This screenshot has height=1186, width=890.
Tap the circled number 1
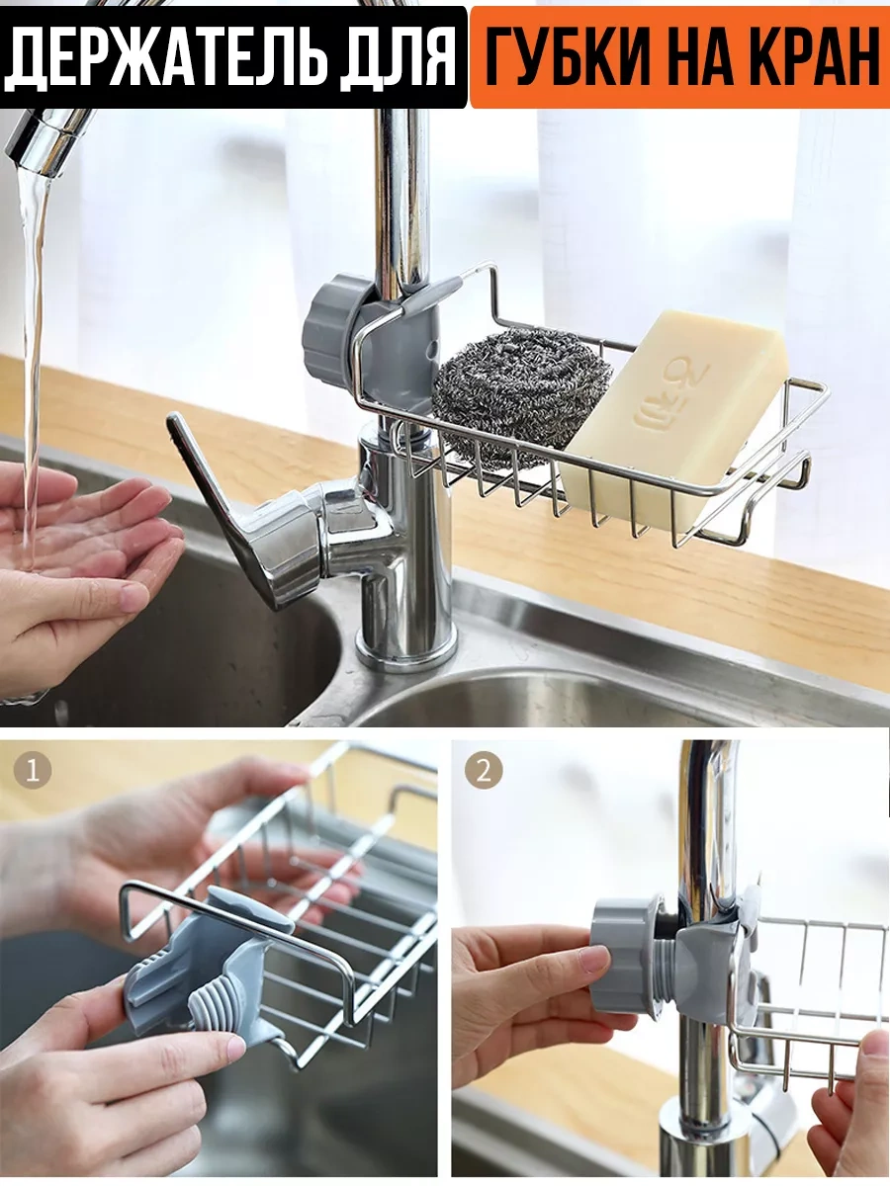[x=32, y=769]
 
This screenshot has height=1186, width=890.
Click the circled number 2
[x=484, y=769]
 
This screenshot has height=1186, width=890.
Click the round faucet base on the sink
[x=405, y=651]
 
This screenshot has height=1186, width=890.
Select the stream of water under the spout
[x=33, y=368]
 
